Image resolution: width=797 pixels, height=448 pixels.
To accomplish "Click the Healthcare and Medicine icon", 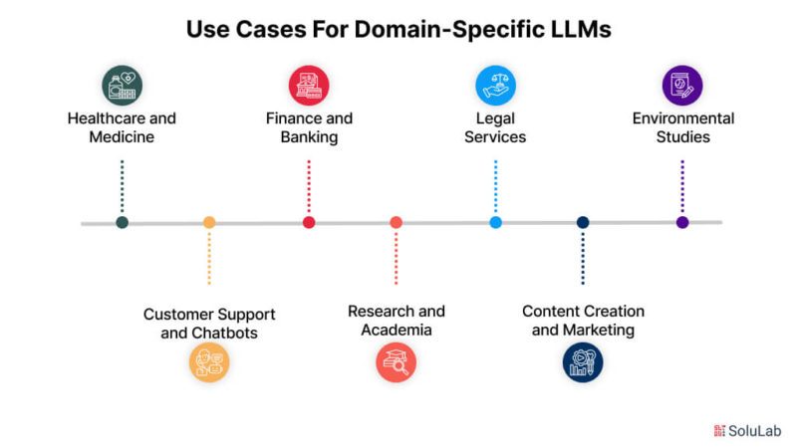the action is [122, 86].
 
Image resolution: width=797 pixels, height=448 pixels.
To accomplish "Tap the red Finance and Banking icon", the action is [309, 86].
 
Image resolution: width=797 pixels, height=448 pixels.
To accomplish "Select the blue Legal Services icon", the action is [495, 86].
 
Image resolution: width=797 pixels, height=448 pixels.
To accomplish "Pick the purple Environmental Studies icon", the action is [682, 86].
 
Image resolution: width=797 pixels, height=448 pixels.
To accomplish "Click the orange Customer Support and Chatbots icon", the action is [209, 362].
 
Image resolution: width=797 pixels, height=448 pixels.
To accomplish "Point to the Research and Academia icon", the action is [396, 362].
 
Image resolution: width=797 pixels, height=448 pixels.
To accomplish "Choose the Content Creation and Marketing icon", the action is [583, 362].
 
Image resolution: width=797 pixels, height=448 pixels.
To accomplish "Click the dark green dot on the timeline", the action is [122, 222].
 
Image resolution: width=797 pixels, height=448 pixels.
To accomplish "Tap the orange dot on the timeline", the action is [209, 222].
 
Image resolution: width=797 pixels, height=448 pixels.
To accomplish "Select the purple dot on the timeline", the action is [682, 222].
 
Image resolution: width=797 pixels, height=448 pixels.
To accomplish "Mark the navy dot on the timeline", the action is [583, 222].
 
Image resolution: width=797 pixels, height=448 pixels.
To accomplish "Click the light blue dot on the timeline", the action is [495, 222].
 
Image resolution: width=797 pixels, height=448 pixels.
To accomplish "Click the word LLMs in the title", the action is [581, 29].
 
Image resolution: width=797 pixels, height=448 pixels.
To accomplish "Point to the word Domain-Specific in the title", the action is [450, 30].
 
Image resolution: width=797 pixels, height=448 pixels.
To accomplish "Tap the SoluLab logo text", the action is [754, 431].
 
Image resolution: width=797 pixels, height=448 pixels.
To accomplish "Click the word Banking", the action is [309, 137].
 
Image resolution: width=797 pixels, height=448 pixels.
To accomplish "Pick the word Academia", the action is [397, 331].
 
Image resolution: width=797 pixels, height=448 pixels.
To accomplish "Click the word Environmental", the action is [683, 118].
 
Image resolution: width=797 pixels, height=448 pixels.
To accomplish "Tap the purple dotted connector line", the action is [682, 186].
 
